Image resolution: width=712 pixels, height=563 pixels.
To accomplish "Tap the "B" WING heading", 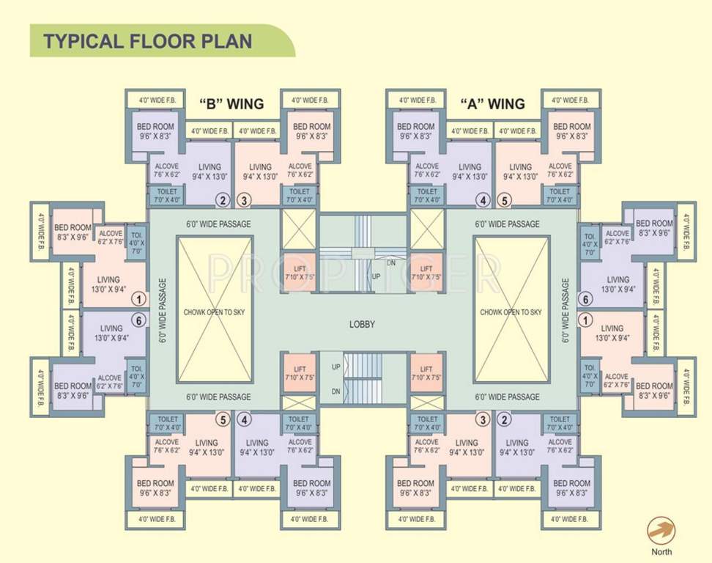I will coord(231,103).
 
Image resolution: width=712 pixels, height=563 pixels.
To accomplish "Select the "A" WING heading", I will coord(492,103).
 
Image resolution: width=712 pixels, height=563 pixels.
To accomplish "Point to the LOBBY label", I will coord(362,324).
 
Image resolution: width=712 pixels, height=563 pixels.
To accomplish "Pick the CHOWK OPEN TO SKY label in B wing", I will coord(215,312).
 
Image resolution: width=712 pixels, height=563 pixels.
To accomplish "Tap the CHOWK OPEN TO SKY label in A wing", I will coord(511,312).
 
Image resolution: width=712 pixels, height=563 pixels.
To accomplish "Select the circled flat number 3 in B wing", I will coord(245,200).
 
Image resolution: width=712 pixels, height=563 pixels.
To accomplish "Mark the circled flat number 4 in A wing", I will coord(482,200).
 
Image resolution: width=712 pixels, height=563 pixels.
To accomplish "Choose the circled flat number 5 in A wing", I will coord(504,200).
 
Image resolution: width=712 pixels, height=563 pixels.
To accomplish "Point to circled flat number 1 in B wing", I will coord(137,298).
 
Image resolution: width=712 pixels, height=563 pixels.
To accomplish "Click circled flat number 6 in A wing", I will coord(585,298).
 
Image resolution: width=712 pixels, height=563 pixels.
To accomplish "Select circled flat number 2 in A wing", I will coord(504,420).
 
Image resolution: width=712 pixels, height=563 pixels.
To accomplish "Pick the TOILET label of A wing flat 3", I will coord(427,419).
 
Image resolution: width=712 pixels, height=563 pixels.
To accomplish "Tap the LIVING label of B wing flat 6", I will coord(111,328).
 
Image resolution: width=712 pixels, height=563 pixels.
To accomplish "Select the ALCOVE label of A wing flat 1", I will coord(616,377).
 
